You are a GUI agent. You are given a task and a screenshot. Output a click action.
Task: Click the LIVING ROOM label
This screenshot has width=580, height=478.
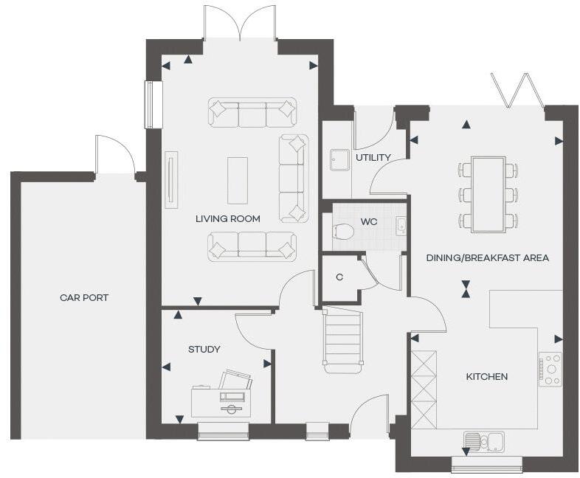click(x=227, y=218)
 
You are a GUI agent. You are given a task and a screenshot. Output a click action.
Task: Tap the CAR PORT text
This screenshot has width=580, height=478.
click(x=84, y=298)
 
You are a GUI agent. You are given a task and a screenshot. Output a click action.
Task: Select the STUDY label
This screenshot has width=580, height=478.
click(x=204, y=349)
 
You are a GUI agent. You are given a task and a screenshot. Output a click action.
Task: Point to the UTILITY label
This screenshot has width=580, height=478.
click(x=373, y=157)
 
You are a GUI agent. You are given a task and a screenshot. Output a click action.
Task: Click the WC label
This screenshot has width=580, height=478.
click(x=369, y=221)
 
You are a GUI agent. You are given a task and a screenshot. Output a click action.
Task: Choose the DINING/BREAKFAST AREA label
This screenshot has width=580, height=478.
click(x=487, y=258)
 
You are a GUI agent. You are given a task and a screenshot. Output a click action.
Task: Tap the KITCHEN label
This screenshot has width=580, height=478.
click(x=486, y=377)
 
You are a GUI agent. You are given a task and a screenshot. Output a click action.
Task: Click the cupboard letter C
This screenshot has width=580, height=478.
click(x=339, y=277)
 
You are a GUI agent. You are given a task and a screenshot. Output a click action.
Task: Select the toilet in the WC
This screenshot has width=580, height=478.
click(x=343, y=232)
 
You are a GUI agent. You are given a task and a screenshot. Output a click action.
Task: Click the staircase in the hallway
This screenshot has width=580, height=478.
click(x=343, y=339)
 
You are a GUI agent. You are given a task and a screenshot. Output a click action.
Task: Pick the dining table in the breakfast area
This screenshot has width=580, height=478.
click(x=488, y=194)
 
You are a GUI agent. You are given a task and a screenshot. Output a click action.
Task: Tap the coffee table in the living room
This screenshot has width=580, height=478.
click(x=238, y=180)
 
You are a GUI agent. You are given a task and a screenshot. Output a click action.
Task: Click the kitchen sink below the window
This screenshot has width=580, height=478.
click(x=485, y=441)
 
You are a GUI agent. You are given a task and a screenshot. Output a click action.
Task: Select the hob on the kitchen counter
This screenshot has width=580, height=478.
click(x=550, y=369)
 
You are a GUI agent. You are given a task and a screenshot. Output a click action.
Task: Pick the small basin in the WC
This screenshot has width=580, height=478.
click(x=401, y=226)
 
